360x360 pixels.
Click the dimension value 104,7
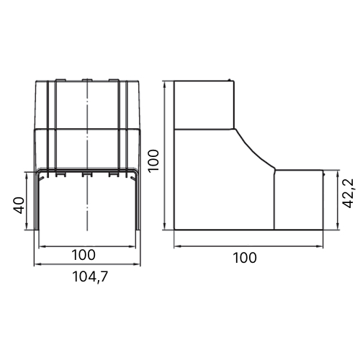(x=90, y=277)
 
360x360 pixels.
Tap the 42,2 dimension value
(x=348, y=194)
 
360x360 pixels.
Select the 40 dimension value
(x=19, y=205)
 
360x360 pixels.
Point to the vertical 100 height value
(x=153, y=161)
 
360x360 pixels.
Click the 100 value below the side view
(x=245, y=258)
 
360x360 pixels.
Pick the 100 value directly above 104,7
(x=84, y=255)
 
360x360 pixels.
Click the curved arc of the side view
(x=256, y=150)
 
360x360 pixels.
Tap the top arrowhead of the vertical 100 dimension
(x=164, y=85)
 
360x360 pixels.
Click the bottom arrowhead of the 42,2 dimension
(x=338, y=226)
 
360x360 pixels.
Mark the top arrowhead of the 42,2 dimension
(x=338, y=174)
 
